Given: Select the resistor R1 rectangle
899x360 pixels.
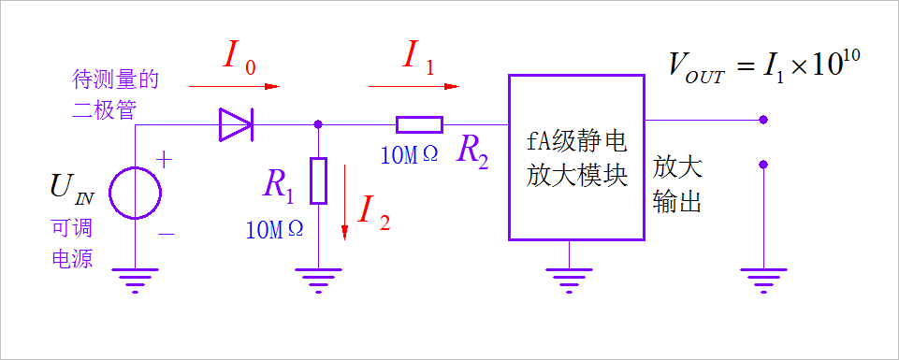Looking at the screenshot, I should point(319,180).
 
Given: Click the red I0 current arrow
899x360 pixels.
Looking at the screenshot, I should point(234,87).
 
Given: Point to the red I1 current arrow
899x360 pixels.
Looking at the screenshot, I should point(413,87).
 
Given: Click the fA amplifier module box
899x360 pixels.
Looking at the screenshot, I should point(576,156).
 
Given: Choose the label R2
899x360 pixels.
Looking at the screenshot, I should point(472,151).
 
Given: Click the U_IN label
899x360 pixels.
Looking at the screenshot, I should point(72,189).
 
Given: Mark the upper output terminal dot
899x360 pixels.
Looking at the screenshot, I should point(764,120).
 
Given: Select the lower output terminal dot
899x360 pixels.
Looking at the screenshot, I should point(764,165).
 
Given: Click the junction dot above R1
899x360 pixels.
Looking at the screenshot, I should point(319,123).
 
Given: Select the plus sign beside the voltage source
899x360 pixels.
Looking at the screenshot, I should point(164,160).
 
